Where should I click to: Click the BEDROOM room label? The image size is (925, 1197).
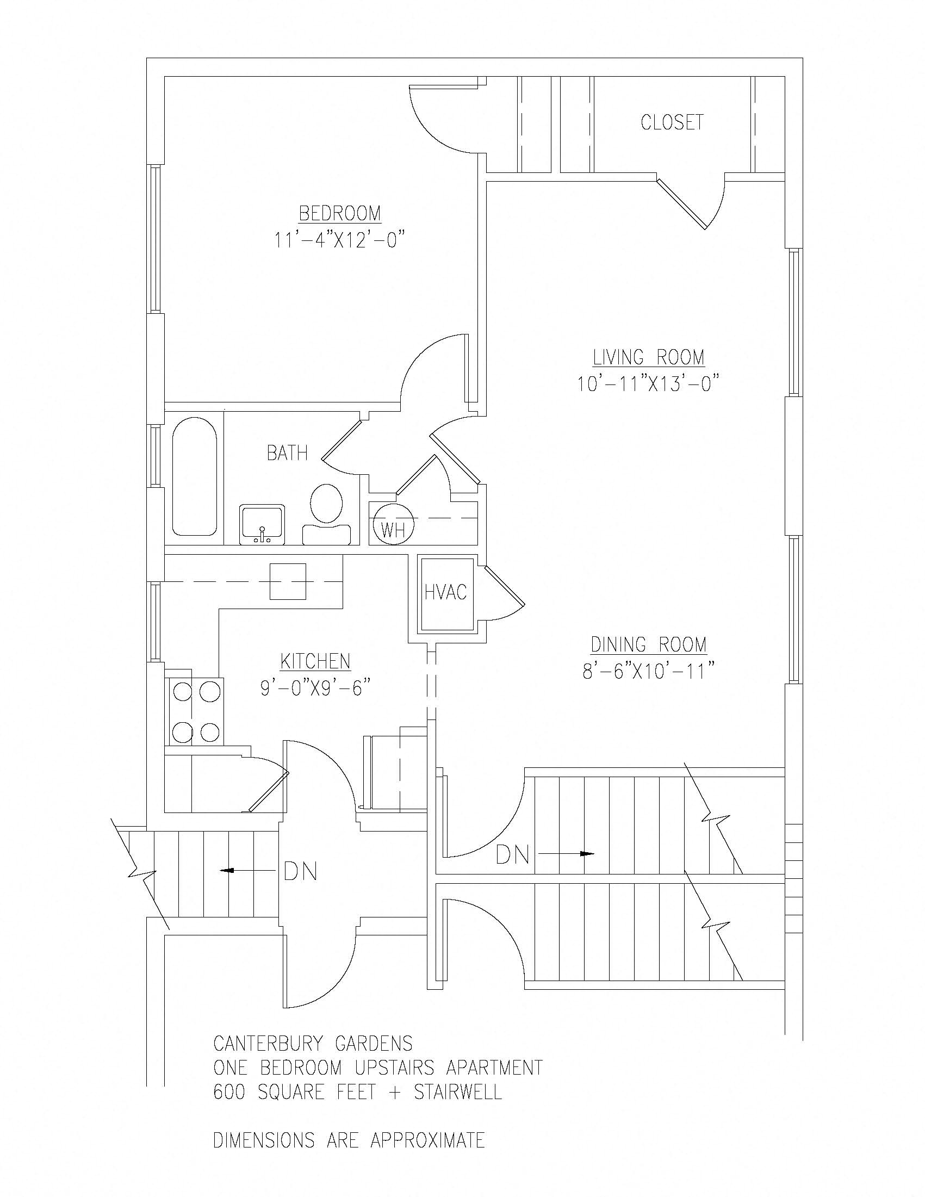(x=340, y=213)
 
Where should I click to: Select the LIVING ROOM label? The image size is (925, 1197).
(x=649, y=357)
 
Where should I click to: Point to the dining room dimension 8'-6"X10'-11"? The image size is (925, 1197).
(x=649, y=672)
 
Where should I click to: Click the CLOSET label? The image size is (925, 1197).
(x=672, y=122)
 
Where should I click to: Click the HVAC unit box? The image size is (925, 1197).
(x=445, y=593)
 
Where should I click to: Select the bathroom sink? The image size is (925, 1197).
(x=263, y=525)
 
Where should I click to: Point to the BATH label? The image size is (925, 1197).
(x=287, y=453)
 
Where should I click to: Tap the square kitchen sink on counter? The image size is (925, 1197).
(x=288, y=581)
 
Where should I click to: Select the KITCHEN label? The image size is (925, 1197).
(x=315, y=661)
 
